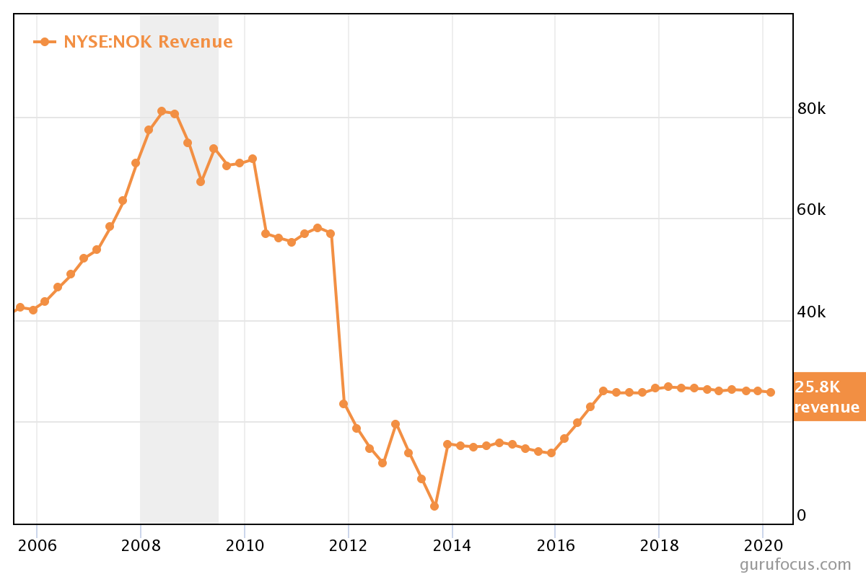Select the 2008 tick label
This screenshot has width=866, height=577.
tap(140, 545)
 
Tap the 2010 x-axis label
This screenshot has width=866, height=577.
tap(244, 545)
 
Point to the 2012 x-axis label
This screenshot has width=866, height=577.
tap(348, 545)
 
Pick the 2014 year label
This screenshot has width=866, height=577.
tap(452, 545)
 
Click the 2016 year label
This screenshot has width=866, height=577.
tap(555, 545)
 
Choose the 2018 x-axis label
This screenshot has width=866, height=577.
tap(659, 545)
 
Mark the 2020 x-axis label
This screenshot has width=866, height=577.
tap(763, 545)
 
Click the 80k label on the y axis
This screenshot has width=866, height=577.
tap(811, 109)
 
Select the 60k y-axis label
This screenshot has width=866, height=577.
tap(811, 210)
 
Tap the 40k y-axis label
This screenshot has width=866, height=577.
tap(811, 312)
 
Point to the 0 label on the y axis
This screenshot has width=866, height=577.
tap(801, 516)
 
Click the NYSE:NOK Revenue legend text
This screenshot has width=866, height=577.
tap(148, 42)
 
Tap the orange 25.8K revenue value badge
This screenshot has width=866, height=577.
tap(828, 397)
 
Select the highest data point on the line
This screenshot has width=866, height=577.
tap(162, 111)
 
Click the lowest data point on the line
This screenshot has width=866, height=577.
tap(434, 506)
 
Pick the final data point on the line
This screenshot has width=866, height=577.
tap(771, 392)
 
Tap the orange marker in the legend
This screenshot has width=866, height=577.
tap(45, 42)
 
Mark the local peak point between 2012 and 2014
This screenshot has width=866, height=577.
tap(395, 424)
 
